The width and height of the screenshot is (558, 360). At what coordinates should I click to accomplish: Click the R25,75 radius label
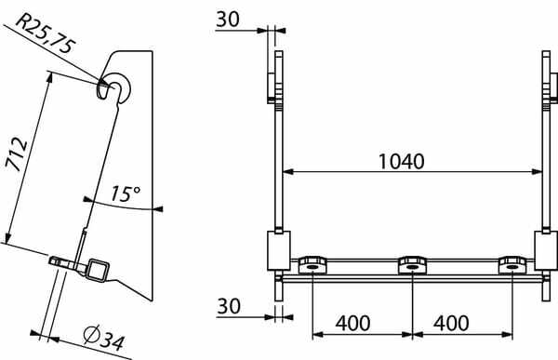pos(46,33)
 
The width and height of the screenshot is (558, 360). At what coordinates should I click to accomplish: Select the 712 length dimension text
pos(17,153)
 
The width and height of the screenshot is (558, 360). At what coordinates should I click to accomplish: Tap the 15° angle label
pos(125,193)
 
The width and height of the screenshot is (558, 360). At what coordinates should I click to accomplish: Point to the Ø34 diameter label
pos(104,339)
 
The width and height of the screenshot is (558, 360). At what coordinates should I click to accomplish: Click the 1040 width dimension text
pos(401,161)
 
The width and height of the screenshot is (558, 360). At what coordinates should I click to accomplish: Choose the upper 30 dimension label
pos(228,20)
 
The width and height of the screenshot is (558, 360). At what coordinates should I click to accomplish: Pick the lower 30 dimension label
pos(229,306)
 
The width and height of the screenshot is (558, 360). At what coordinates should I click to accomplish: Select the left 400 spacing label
pos(352,323)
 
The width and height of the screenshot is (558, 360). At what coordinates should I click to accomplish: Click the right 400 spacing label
pos(451,323)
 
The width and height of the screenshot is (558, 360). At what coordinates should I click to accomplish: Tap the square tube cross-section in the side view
pos(97,270)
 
